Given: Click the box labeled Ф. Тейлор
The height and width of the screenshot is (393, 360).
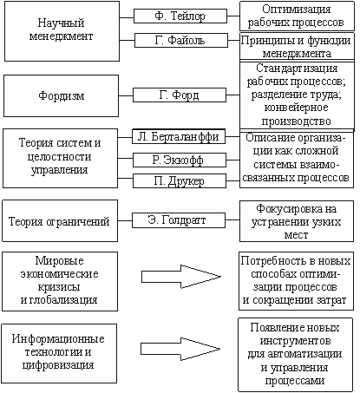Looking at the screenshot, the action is (x=180, y=16).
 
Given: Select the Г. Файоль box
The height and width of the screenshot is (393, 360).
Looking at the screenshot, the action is (x=181, y=40).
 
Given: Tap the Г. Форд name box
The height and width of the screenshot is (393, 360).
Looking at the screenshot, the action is (x=180, y=95).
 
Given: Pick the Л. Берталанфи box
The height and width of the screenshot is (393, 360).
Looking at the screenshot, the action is (x=179, y=136).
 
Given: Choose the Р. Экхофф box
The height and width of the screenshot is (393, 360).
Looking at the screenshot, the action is (x=180, y=160).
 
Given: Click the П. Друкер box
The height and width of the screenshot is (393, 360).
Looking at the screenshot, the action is (x=180, y=181).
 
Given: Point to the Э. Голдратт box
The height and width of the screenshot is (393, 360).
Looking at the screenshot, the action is (x=179, y=220).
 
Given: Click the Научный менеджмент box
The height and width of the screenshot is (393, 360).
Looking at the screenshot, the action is (x=62, y=31).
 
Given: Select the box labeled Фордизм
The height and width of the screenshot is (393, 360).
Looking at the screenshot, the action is (x=61, y=95).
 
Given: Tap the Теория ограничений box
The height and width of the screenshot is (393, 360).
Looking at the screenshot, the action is (x=60, y=220).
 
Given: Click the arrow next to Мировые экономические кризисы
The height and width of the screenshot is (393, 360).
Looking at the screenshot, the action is (x=180, y=277).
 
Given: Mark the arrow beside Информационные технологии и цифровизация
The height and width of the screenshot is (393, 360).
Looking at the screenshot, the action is (x=180, y=349).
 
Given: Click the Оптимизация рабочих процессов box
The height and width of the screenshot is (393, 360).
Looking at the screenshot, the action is (x=297, y=16).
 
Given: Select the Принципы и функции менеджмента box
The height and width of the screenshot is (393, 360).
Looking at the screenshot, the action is (x=297, y=46).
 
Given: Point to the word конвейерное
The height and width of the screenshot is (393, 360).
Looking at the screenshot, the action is (x=296, y=108).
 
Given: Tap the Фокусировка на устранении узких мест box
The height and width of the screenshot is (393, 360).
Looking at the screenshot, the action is (x=297, y=221).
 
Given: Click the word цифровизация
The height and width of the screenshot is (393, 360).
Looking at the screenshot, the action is (x=58, y=365).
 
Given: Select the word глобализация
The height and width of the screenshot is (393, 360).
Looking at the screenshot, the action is (x=62, y=299).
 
